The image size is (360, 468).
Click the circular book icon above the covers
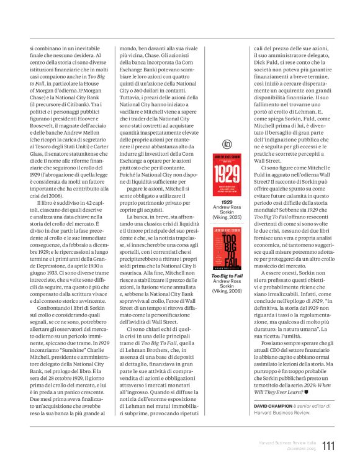coord(227,144)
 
